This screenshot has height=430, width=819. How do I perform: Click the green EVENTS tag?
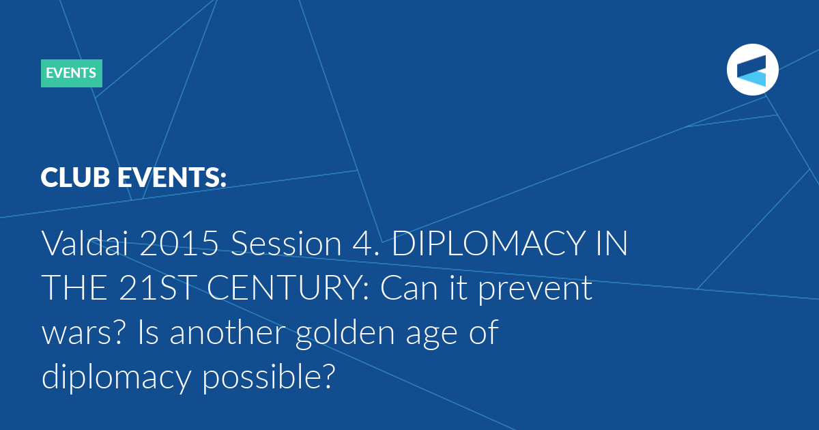71,73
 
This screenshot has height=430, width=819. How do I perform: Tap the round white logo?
752,70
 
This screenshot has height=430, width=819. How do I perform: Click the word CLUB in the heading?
75,177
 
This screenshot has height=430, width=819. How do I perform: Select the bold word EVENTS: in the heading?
172,177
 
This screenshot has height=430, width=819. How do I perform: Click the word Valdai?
85,243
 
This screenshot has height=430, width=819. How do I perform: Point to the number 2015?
179,244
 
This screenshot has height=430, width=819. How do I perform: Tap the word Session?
286,244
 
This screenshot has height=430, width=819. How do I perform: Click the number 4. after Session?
367,244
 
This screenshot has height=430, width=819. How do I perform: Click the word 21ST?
156,288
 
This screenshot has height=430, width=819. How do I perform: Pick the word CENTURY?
288,288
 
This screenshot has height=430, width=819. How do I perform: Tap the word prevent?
535,291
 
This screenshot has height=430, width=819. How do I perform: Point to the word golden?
345,334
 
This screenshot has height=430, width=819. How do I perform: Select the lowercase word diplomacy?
117,378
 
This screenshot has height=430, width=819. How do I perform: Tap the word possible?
269,378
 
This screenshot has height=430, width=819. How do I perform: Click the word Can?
409,288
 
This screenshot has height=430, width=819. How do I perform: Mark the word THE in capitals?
74,288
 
